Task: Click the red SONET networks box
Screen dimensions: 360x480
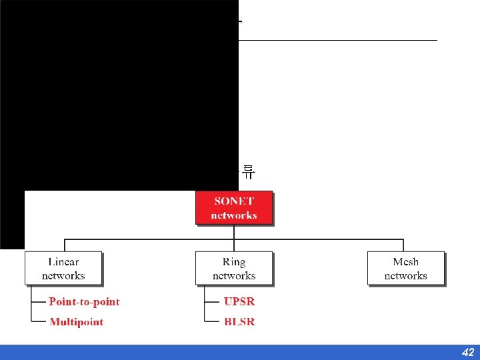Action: (x=234, y=208)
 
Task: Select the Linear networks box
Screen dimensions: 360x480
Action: (x=63, y=268)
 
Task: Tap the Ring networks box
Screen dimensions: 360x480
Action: (x=234, y=268)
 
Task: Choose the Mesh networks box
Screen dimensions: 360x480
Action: (x=405, y=268)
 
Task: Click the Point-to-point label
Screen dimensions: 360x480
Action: (x=84, y=302)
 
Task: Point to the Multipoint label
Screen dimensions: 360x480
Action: (x=77, y=322)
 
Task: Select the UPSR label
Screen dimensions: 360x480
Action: (x=239, y=302)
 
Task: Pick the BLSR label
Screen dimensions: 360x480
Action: (x=239, y=322)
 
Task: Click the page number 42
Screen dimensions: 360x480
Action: (x=467, y=352)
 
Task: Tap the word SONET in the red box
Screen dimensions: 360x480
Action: (x=234, y=201)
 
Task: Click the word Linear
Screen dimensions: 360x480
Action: (x=63, y=262)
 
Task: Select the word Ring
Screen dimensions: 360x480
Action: (x=234, y=262)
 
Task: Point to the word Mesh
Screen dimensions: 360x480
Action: (x=405, y=262)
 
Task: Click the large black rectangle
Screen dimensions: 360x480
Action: (x=120, y=93)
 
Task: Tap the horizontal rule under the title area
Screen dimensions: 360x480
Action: (x=337, y=41)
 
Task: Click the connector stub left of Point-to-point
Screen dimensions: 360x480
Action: (x=37, y=302)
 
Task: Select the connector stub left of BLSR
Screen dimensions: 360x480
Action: (x=213, y=322)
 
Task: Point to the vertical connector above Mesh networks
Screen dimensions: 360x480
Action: (x=403, y=245)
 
